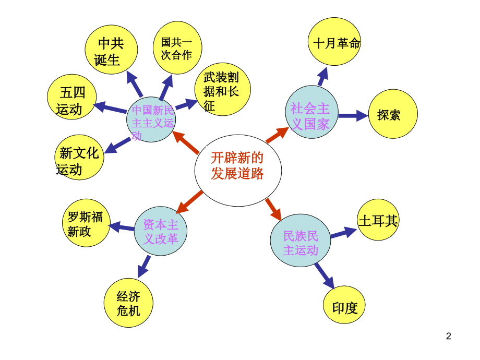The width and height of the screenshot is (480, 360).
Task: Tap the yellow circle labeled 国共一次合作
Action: pos(177,47)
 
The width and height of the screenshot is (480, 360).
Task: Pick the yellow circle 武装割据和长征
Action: pos(222,89)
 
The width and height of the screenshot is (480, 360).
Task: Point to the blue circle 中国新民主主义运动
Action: pos(151,119)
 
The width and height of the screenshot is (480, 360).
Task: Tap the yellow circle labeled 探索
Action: pos(392,114)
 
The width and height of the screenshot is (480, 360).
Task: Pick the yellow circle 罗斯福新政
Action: pos(86,223)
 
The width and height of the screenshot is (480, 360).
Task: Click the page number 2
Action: pos(448,336)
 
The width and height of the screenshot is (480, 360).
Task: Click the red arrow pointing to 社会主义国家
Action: pos(277,134)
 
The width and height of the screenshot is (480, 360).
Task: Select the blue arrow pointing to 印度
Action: pos(325,275)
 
